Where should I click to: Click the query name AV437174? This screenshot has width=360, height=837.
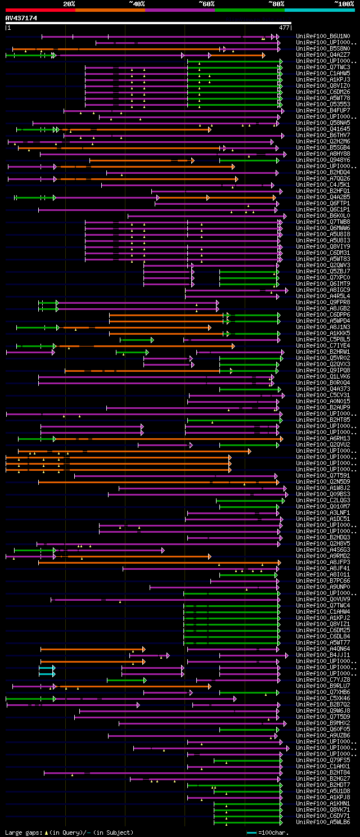[21, 18]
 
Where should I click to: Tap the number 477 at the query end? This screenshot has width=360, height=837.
[284, 27]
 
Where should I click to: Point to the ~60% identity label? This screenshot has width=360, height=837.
[206, 3]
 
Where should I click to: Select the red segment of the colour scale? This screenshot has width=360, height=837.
[40, 10]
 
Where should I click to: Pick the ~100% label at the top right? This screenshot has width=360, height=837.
[343, 3]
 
